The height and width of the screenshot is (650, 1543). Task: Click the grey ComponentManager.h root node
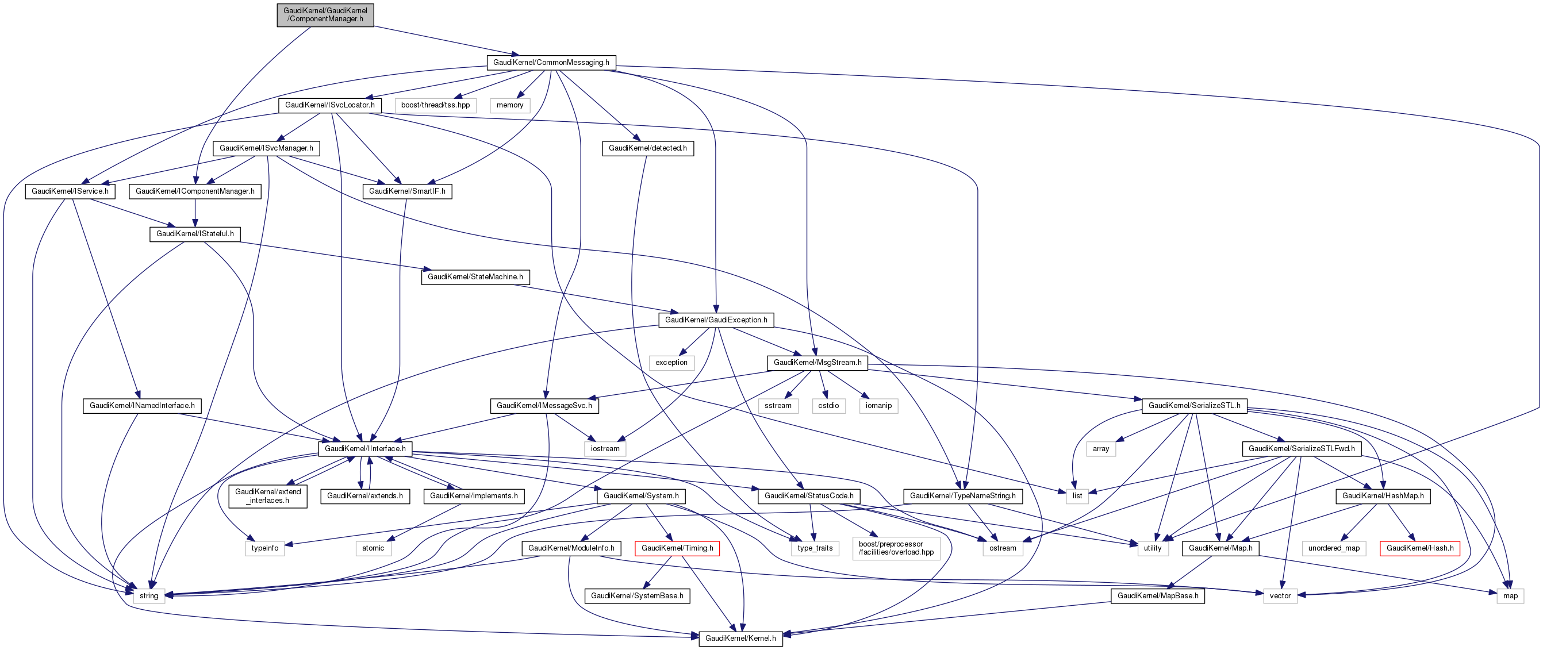(x=325, y=15)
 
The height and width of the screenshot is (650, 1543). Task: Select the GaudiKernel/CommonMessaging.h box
(x=551, y=62)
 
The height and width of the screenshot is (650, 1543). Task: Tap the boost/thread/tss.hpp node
(x=435, y=105)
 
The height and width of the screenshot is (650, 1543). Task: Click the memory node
(x=510, y=105)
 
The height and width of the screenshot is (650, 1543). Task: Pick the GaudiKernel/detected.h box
(x=647, y=148)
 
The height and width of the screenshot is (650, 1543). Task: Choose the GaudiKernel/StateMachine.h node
(x=475, y=277)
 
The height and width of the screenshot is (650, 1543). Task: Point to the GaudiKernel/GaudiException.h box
(x=716, y=320)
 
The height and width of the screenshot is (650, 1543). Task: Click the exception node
(x=671, y=363)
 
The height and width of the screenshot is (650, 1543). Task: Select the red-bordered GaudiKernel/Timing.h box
(x=677, y=548)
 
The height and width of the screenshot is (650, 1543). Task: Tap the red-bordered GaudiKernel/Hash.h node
(x=1419, y=548)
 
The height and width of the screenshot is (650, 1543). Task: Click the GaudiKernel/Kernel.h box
(x=740, y=639)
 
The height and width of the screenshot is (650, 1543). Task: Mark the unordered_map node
(x=1334, y=548)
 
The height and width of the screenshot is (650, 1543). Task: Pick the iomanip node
(x=879, y=406)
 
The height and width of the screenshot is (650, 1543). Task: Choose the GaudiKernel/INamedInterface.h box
(x=142, y=406)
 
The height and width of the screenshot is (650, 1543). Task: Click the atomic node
(x=373, y=548)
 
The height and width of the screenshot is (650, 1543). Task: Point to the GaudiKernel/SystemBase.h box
(x=637, y=596)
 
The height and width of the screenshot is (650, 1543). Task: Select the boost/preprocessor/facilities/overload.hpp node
(x=896, y=548)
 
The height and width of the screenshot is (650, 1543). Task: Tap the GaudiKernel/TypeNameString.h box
(x=962, y=496)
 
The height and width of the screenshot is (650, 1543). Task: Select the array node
(x=1101, y=449)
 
